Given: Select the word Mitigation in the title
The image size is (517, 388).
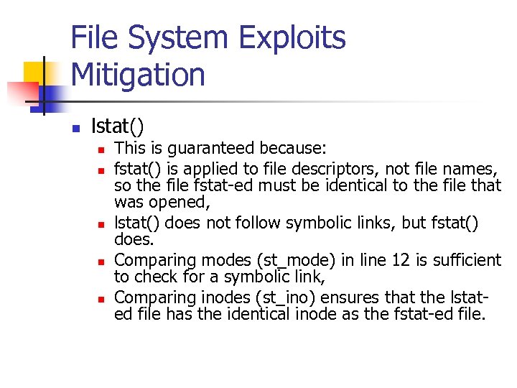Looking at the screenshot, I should click(x=138, y=75).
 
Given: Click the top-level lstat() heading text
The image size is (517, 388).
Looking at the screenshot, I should click(x=117, y=127).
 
